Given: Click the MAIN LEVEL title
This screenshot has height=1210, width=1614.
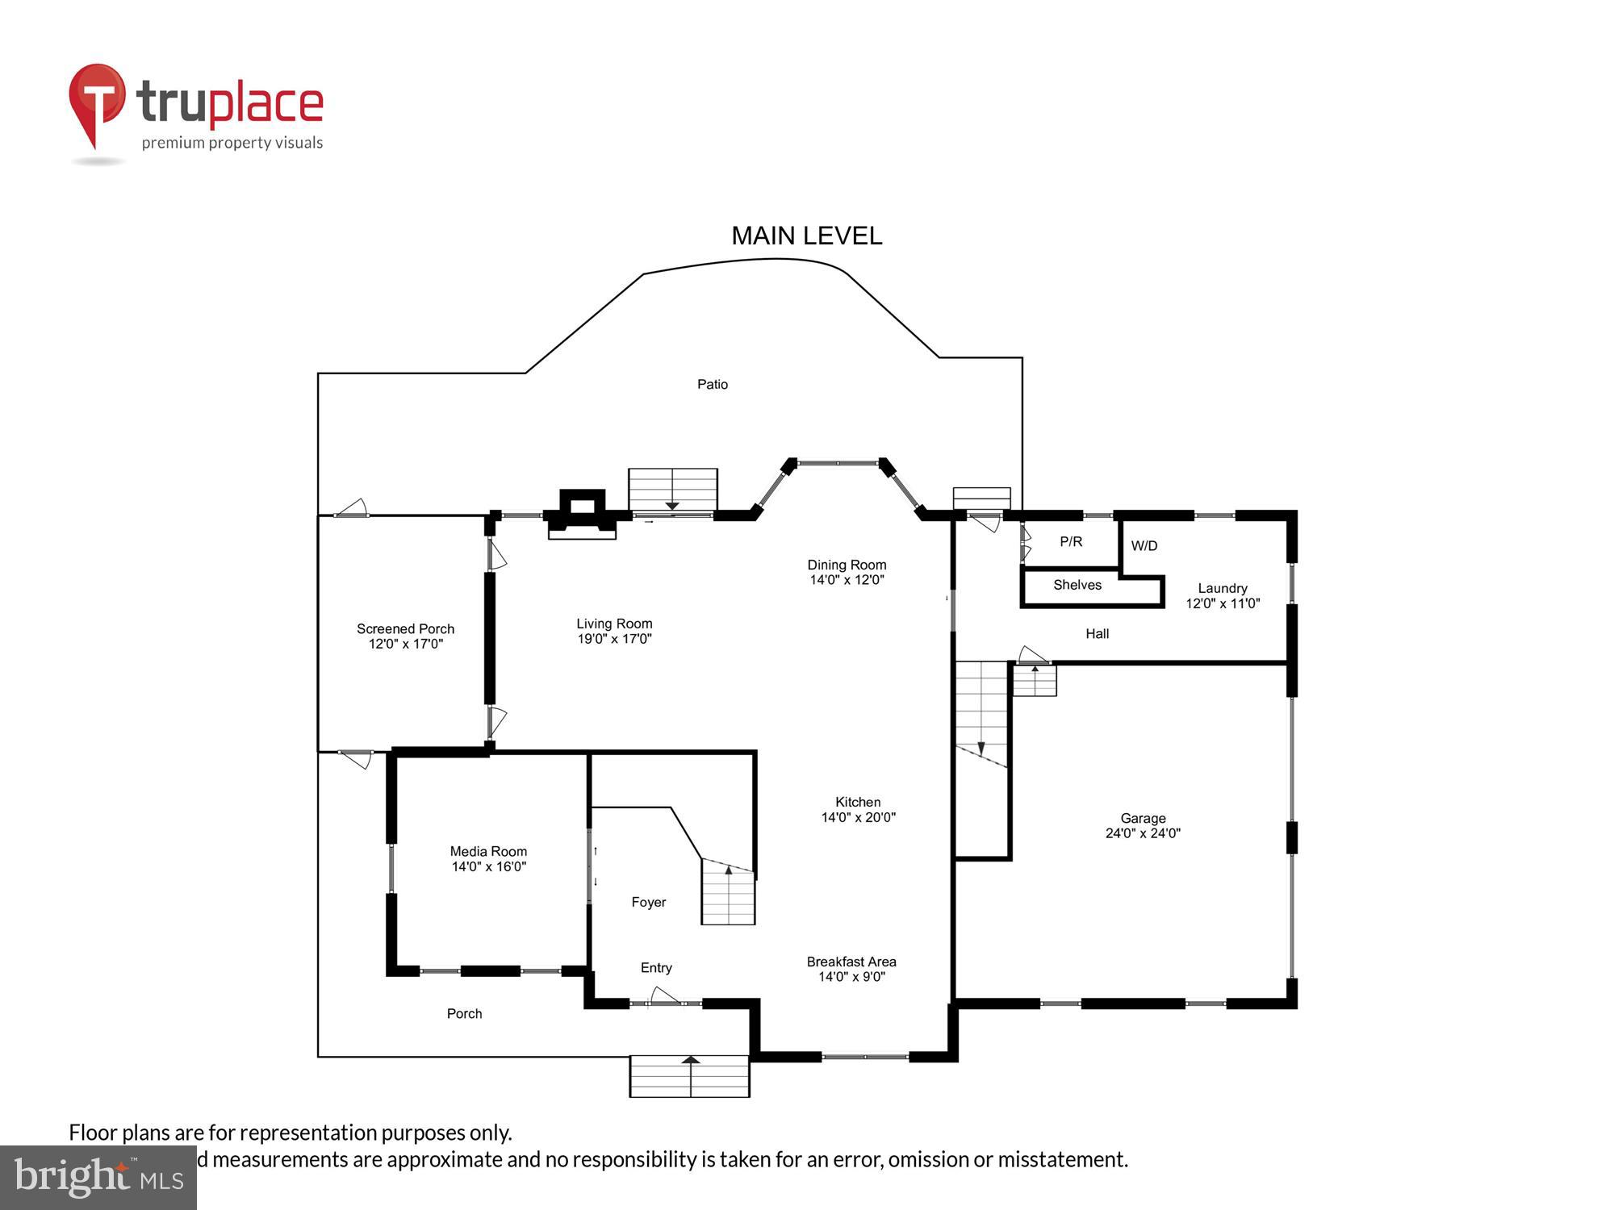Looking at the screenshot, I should pos(806,236).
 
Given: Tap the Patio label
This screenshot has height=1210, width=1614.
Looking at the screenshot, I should pos(712,384).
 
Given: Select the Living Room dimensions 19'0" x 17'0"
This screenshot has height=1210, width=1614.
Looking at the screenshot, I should pos(614,639).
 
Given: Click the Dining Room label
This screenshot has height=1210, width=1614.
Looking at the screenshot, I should pos(847,565).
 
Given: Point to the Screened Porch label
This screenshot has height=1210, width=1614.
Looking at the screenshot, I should pos(405,628).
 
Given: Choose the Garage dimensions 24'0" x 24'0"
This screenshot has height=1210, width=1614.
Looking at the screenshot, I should pos(1143,833).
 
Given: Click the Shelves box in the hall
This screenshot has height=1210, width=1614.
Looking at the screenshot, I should pos(1077,586).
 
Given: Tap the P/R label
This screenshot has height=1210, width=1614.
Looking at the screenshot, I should pos(1071,541).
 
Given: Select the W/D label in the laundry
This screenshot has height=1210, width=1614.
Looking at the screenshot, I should pos(1144,546).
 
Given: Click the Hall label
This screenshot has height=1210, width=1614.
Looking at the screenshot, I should pos(1097,634).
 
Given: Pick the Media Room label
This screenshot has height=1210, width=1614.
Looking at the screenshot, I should pos(488,851).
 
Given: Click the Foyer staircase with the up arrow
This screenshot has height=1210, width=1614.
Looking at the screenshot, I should pos(728,892).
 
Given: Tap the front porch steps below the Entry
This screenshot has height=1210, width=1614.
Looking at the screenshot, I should pos(689,1076).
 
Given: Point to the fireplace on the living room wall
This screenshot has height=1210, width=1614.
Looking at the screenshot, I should pos(582,514).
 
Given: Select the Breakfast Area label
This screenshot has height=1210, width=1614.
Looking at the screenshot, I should pos(851,962).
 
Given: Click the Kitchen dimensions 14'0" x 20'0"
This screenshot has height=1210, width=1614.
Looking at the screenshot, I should pos(858,817).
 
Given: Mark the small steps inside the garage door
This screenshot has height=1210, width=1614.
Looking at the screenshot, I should pos(1035,680).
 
